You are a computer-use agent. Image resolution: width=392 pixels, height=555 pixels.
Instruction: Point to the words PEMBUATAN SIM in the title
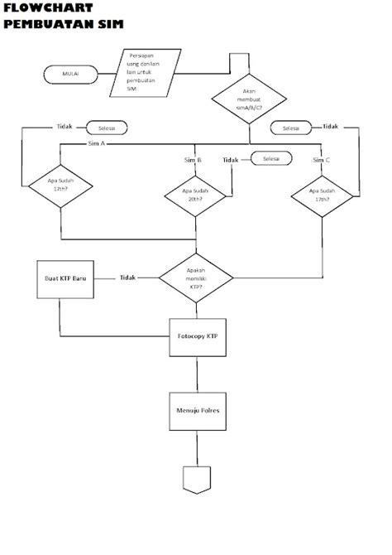63,25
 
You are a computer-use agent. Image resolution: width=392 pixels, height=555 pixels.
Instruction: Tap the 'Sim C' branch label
322,160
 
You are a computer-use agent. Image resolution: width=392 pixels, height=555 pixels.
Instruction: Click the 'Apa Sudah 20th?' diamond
195,196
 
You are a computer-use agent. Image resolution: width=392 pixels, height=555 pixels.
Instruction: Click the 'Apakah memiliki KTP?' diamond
195,278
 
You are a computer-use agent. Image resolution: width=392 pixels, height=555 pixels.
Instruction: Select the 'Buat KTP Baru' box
65,278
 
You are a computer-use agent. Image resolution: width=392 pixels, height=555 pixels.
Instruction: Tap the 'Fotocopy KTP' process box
197,339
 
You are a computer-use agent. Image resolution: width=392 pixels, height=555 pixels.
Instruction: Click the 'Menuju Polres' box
197,411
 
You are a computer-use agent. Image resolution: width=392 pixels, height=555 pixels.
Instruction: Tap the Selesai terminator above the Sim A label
108,128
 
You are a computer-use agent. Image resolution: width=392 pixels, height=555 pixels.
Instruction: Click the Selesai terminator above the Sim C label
290,128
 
